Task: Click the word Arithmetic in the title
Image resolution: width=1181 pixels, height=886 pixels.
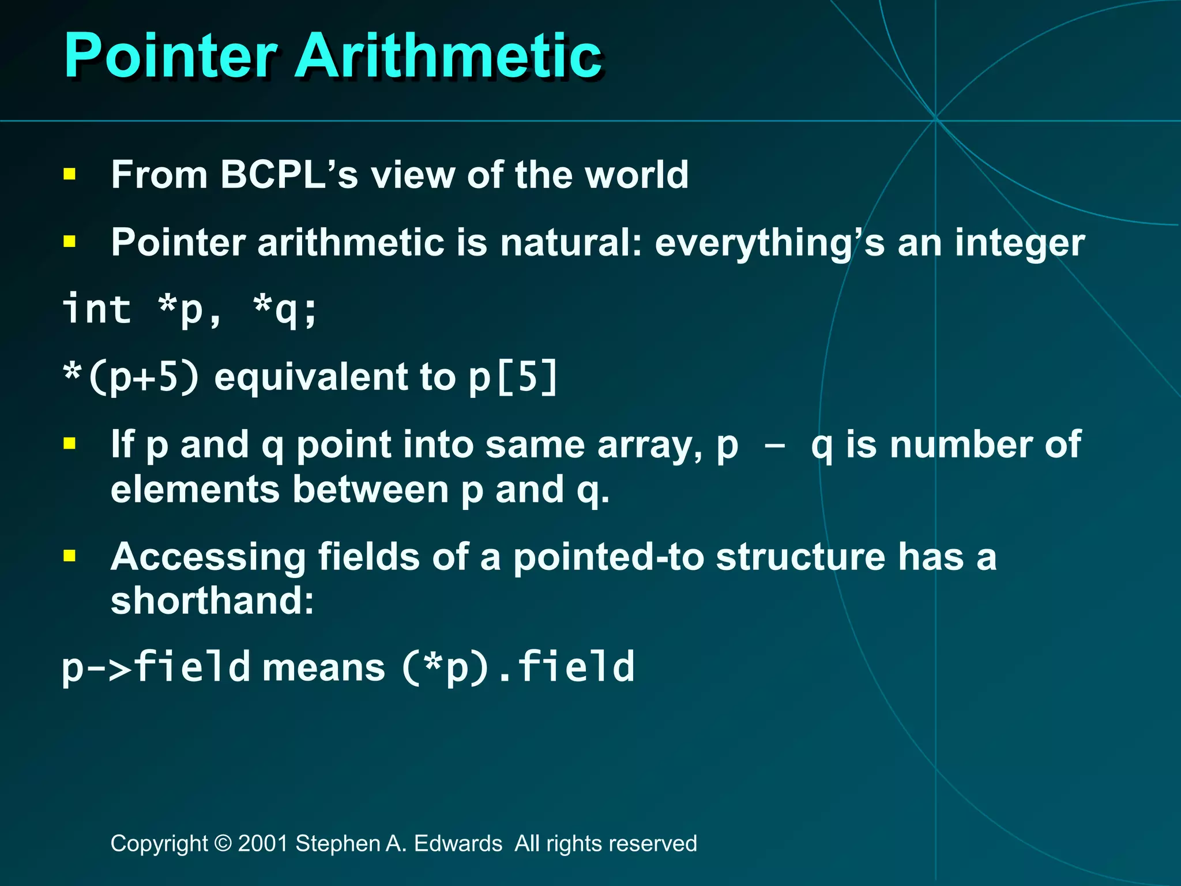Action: [x=449, y=56]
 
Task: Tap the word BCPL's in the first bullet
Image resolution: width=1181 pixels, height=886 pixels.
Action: [x=288, y=175]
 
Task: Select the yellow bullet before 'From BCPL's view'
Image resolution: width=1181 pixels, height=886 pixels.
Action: [x=70, y=174]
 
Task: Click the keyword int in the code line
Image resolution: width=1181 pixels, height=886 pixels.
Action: [x=97, y=309]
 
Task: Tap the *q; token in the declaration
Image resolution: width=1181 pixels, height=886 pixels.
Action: [x=285, y=309]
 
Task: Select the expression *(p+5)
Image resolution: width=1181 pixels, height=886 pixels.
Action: [x=131, y=377]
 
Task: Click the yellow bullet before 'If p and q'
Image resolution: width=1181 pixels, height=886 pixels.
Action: [x=70, y=444]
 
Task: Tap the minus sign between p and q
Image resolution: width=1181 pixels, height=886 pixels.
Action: [x=774, y=446]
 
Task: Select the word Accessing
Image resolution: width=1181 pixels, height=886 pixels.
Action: [x=208, y=558]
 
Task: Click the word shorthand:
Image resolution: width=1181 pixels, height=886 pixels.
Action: [x=212, y=601]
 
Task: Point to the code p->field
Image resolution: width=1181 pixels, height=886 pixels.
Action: [x=156, y=667]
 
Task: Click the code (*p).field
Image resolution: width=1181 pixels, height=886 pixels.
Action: [x=518, y=667]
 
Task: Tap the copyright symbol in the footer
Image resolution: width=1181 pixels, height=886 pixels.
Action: [x=222, y=843]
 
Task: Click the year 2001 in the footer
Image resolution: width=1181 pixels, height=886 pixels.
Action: [x=263, y=843]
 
